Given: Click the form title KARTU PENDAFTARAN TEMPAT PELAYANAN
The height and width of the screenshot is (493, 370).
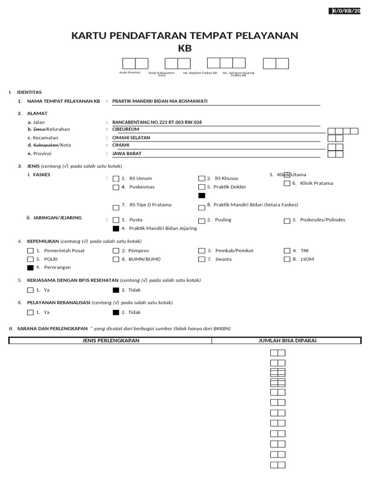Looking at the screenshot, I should tap(185, 36).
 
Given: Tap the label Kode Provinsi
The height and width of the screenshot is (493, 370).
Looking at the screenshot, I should tap(130, 73).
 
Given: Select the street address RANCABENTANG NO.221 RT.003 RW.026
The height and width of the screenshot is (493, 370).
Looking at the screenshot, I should tap(157, 122).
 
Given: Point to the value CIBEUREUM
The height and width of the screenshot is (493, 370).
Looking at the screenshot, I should tap(125, 129).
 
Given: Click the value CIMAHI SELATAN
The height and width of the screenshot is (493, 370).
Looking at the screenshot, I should tap(131, 137).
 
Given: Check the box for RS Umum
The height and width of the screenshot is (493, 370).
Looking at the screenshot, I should tap(116, 179).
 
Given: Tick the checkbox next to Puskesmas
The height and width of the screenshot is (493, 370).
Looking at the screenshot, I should tap(116, 187).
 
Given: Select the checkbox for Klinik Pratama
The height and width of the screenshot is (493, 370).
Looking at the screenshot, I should tap(287, 183).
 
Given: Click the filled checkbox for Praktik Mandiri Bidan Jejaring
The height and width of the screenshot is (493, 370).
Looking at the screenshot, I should tap(116, 229).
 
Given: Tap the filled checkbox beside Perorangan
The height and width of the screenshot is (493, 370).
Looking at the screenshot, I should tap(31, 268).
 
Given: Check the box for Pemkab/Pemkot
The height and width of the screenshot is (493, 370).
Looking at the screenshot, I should tap(201, 251).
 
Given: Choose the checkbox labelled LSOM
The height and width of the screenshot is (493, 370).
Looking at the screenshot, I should tap(287, 259).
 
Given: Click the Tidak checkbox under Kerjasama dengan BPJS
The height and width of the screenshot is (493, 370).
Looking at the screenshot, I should tap(116, 290).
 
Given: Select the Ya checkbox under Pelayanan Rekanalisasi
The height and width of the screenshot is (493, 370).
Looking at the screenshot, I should tap(31, 312).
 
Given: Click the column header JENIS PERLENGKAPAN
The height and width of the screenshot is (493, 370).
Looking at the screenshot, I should tap(111, 341).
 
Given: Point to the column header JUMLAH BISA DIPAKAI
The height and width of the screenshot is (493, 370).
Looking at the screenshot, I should tap(287, 341).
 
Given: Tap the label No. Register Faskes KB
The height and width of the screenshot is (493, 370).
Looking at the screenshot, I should tap(200, 73).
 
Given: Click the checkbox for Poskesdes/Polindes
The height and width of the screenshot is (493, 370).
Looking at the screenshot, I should tap(287, 221).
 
